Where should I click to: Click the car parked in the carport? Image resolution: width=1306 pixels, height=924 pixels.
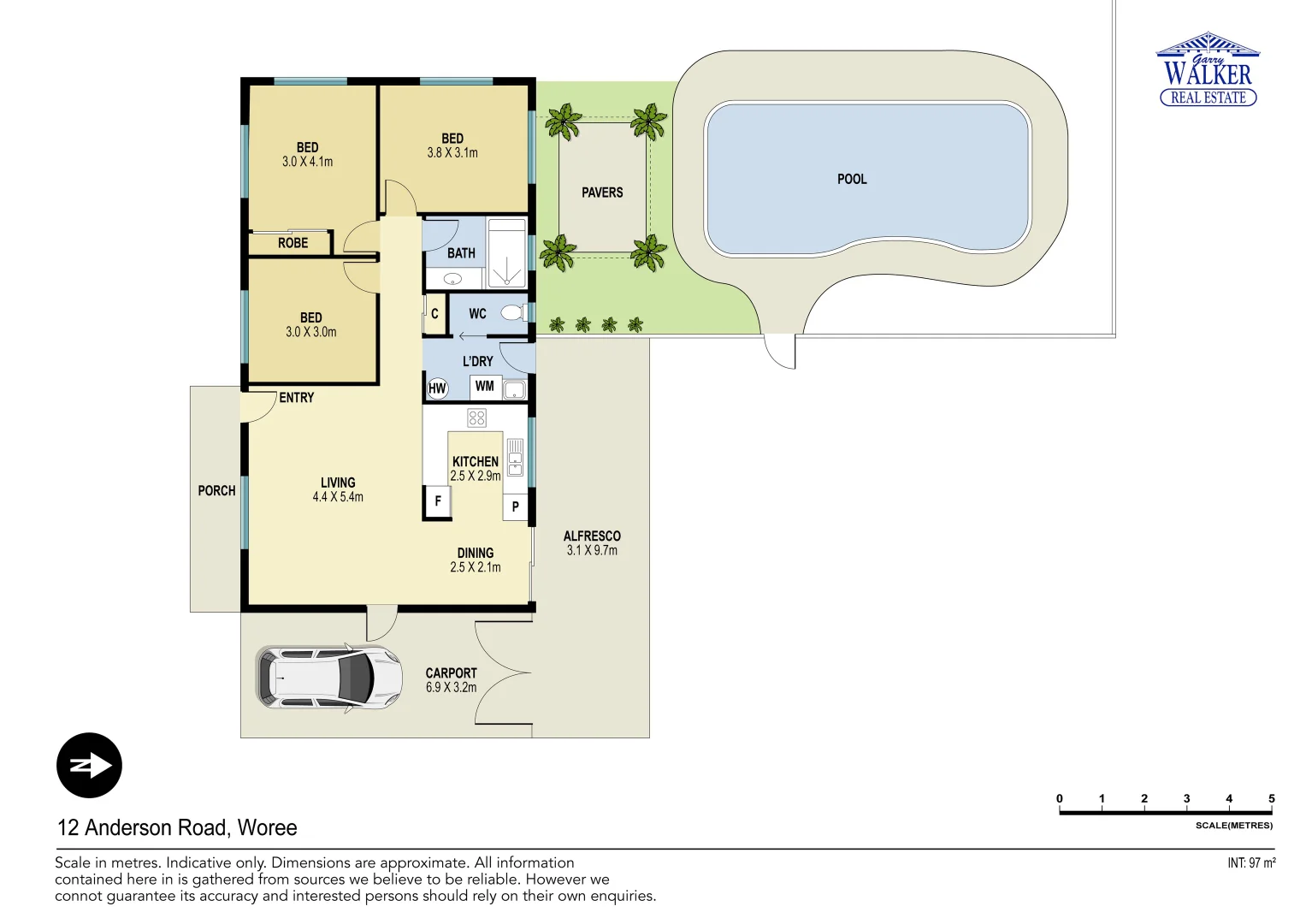pos(329,677)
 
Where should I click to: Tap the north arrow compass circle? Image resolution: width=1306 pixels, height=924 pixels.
pos(89,766)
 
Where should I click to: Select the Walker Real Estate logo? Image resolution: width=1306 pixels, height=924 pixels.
pos(1208,70)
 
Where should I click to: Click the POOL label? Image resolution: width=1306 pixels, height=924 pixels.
pos(852,179)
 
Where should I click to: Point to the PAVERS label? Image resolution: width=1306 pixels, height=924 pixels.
pos(602,192)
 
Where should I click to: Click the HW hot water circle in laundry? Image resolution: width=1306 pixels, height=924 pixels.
pos(437,388)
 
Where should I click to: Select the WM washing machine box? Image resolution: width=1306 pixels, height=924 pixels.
pos(485,387)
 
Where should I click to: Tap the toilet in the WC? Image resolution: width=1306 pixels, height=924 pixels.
pos(513,313)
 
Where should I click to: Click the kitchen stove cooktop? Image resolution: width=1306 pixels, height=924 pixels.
pos(476,418)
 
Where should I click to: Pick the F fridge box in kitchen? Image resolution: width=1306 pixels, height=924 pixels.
pos(438,501)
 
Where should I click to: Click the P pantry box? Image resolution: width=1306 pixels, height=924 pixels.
pos(515,506)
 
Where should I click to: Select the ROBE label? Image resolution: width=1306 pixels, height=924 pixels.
pos(293,243)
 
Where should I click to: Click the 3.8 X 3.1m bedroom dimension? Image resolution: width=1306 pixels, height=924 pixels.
pos(452,153)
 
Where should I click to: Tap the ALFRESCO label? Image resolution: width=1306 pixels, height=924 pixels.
pos(592,536)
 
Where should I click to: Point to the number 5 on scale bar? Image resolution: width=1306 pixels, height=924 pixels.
pos(1271,798)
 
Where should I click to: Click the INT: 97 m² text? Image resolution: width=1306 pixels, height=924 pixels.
pos(1250,863)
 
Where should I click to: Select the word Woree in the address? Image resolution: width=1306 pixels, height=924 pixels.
pos(267,827)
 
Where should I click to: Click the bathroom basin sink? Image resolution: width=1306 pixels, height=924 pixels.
pos(452,279)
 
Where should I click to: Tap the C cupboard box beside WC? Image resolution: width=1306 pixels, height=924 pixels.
pos(434,314)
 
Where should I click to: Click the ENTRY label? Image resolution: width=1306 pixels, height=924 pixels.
pos(297,398)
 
